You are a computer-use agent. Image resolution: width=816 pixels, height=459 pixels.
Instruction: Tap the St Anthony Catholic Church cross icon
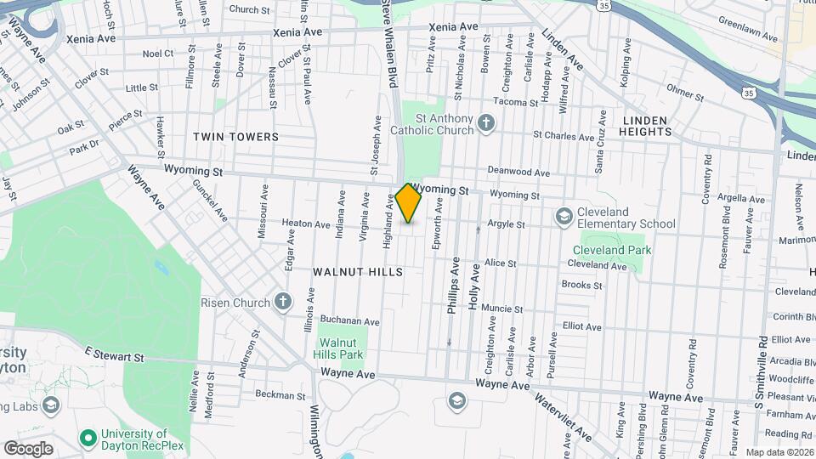tap(486, 124)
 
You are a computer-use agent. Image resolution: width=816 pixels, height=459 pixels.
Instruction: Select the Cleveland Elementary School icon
tap(563, 218)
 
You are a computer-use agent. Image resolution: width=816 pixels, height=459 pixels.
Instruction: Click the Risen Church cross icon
tap(283, 302)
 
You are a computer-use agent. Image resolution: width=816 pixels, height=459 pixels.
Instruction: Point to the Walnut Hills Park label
tap(345, 348)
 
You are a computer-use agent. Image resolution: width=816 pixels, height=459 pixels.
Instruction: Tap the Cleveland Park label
tap(611, 250)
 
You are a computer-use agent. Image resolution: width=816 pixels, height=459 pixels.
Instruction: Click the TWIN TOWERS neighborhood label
tap(235, 136)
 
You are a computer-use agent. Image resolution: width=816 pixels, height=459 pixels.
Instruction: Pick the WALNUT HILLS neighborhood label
tap(357, 271)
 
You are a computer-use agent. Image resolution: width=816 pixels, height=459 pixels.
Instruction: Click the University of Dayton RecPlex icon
tap(86, 439)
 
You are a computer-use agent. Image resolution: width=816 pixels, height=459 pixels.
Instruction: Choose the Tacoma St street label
tap(516, 102)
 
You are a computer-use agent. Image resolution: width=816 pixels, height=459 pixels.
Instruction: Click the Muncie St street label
tap(501, 308)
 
